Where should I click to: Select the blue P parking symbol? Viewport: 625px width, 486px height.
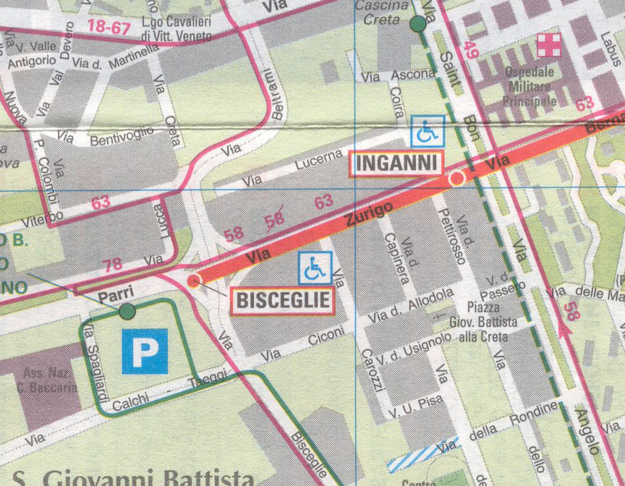point(145,351)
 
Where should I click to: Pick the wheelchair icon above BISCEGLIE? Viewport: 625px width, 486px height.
point(315,268)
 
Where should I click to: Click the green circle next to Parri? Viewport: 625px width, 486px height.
point(127,312)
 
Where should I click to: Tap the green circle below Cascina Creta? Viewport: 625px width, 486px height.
point(417,24)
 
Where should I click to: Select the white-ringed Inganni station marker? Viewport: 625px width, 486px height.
point(456,178)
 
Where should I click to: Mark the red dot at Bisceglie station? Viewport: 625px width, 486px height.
point(193,281)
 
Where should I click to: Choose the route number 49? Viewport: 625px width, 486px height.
point(472,50)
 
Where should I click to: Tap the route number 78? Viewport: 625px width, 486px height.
point(113,265)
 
